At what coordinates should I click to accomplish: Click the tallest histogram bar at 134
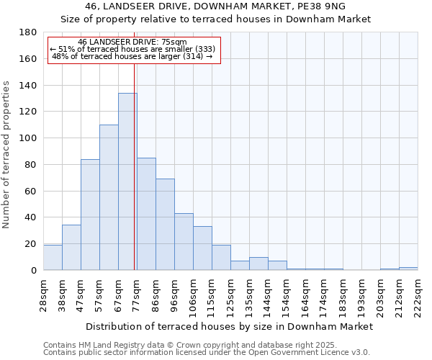tap(127, 181)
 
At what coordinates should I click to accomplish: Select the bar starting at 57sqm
tap(109, 197)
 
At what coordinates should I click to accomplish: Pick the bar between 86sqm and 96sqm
tap(165, 225)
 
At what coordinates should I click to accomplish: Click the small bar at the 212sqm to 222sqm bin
tap(408, 269)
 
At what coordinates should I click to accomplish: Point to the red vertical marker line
tap(135, 166)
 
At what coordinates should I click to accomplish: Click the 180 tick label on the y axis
tap(28, 32)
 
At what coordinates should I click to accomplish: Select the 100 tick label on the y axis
tap(28, 138)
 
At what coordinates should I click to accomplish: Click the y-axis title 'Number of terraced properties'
tap(7, 154)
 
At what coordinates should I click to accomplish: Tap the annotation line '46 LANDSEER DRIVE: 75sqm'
tap(132, 42)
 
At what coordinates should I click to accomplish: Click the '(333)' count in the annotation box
tap(202, 49)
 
